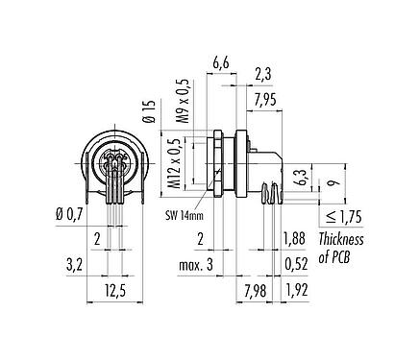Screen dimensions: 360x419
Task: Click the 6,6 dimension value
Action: [220, 62]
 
